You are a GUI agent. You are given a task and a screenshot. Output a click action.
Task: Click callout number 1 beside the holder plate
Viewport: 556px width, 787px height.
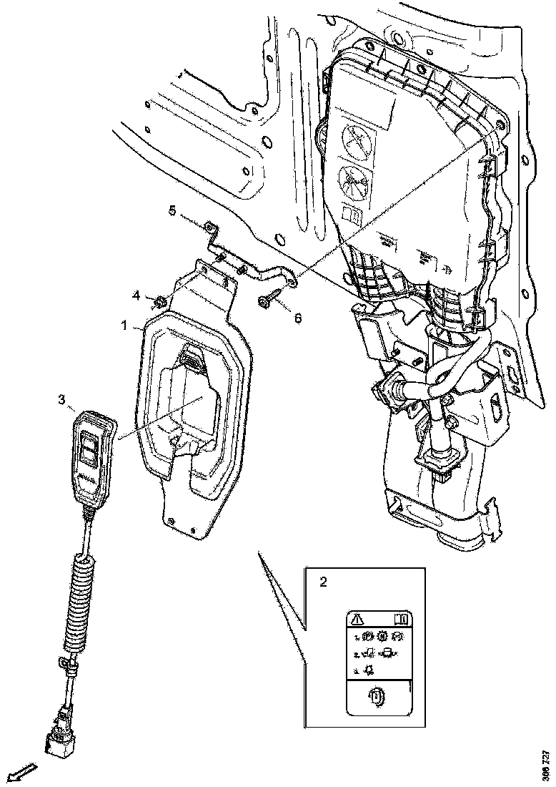(x=124, y=326)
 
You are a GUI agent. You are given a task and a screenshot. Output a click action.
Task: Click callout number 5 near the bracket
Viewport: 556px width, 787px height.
(x=172, y=210)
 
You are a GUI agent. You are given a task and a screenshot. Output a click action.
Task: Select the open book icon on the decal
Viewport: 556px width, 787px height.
(x=400, y=618)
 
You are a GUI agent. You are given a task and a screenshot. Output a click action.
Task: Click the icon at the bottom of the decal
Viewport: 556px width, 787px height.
(x=377, y=696)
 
